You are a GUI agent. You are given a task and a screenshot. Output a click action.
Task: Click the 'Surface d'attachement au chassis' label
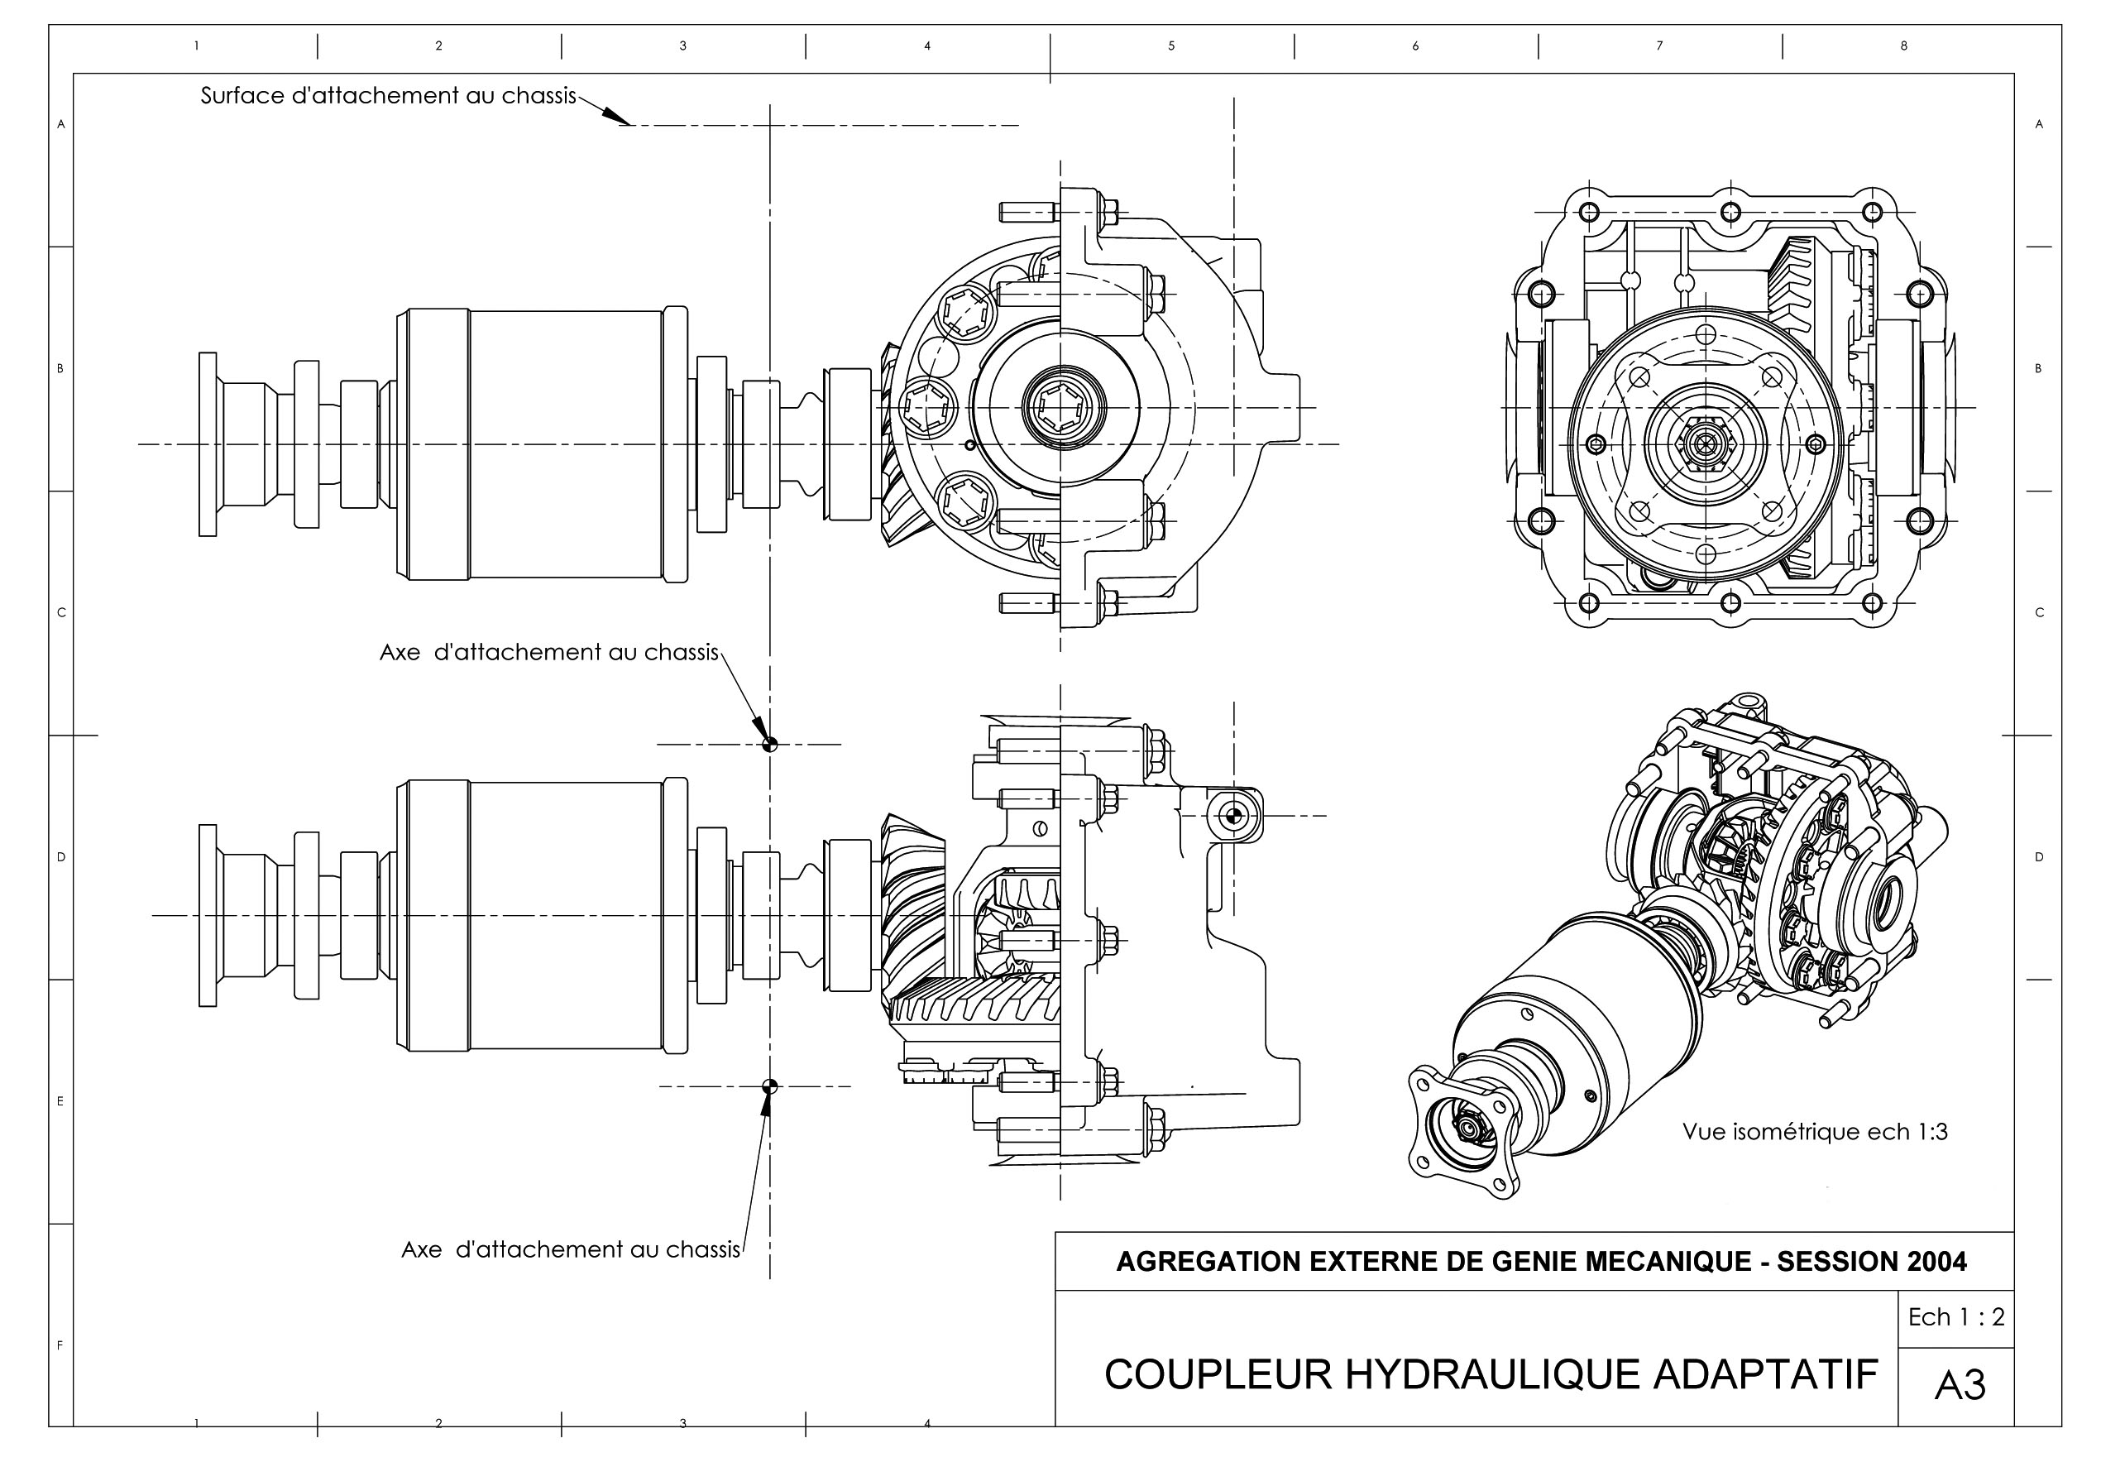click(388, 96)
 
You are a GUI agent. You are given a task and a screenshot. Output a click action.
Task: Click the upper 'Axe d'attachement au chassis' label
click(549, 653)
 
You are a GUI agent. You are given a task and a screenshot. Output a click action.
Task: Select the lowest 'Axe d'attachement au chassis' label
click(570, 1249)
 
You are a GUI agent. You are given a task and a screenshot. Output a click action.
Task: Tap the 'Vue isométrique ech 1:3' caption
click(1815, 1133)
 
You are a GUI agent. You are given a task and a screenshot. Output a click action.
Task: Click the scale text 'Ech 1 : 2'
click(1955, 1317)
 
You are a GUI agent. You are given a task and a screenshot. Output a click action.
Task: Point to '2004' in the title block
click(1936, 1263)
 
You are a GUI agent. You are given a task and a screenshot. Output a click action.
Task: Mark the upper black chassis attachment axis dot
click(769, 745)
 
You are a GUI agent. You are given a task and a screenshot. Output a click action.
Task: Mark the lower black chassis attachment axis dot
click(769, 1086)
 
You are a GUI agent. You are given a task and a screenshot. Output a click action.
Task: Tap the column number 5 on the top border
click(1171, 46)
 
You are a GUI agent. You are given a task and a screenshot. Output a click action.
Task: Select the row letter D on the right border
click(2039, 858)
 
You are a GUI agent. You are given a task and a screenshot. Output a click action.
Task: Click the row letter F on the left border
click(60, 1345)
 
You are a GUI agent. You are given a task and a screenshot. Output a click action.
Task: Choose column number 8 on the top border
click(1904, 46)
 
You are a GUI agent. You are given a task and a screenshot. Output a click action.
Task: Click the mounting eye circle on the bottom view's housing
click(1232, 815)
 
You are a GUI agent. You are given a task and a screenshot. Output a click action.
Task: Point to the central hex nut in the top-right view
click(1705, 444)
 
